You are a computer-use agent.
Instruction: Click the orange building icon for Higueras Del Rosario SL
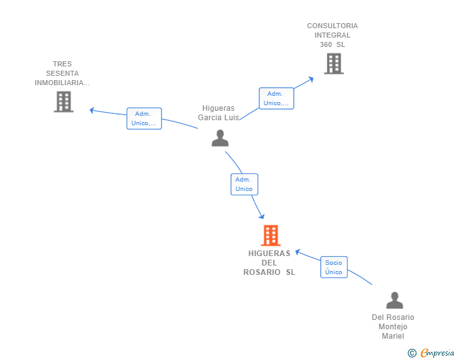point(271,235)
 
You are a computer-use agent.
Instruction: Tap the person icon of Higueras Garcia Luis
point(220,138)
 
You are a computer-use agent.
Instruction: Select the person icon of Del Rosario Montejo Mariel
point(395,300)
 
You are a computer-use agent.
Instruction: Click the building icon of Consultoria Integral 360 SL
point(334,64)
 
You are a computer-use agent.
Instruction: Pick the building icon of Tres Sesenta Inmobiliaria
point(64,102)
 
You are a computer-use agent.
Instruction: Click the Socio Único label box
point(334,267)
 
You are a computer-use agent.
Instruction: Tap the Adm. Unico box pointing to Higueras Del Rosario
point(244,184)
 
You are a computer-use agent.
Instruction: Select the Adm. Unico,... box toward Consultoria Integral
point(276,98)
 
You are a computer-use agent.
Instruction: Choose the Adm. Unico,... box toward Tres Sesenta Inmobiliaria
point(144,118)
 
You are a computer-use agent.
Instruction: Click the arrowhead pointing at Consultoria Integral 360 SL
point(311,79)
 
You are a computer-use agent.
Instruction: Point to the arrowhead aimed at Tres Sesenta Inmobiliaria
point(92,110)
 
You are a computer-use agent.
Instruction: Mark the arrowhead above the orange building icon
point(262,216)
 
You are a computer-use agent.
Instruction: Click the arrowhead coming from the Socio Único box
point(298,252)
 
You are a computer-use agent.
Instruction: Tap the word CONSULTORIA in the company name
point(333,26)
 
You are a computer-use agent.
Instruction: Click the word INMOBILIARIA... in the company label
point(62,83)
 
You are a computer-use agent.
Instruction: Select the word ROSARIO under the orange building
point(262,272)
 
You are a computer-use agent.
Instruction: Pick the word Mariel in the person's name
point(393,336)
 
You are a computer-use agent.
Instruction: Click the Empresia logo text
point(437,353)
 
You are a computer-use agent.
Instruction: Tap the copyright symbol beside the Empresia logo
point(412,353)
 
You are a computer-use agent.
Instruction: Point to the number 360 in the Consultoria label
point(326,45)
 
